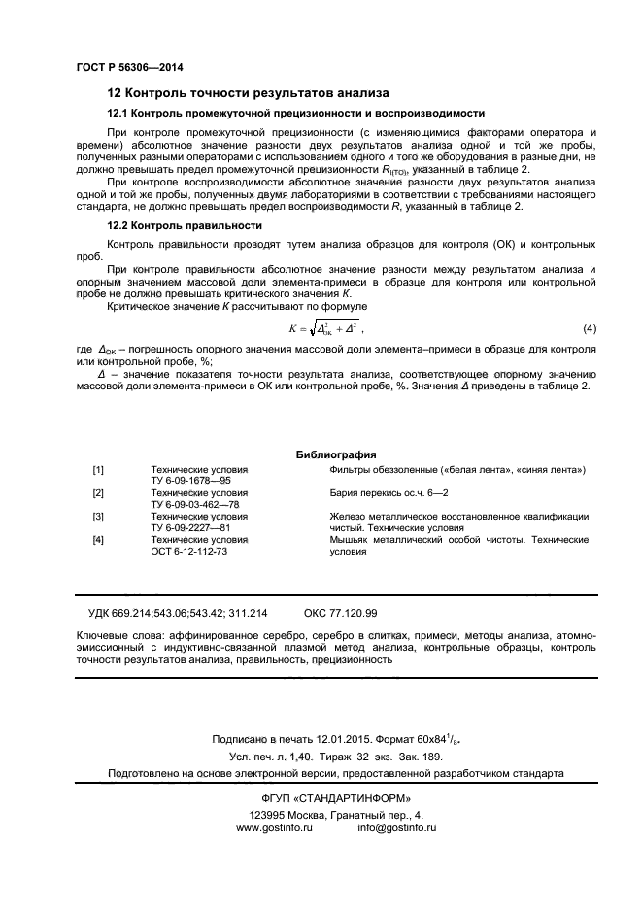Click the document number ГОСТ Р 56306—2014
coord(129,67)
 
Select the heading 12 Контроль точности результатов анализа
coord(248,93)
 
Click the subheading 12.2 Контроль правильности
coord(185,225)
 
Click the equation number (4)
coord(589,328)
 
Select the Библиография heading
coord(336,454)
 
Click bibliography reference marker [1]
coord(98,469)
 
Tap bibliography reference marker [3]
coord(98,516)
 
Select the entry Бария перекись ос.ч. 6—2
coord(388,492)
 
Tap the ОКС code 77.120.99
coord(355,613)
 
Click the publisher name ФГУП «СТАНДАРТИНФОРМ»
coord(321,798)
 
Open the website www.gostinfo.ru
coord(274,827)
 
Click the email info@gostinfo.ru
coord(397,827)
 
